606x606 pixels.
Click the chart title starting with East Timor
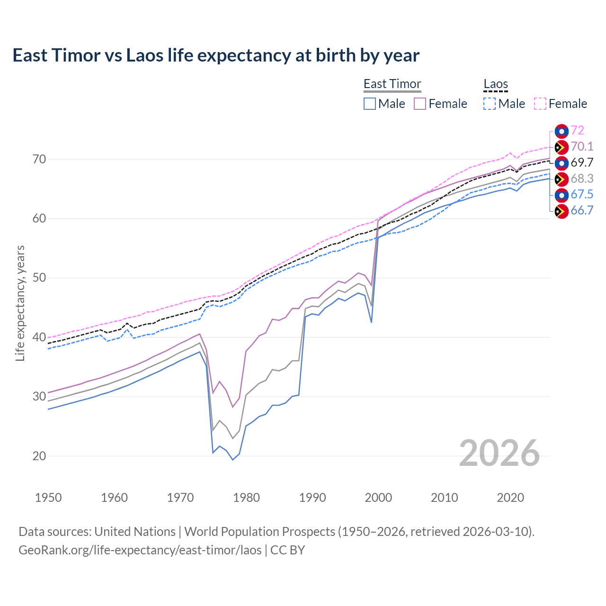click(216, 55)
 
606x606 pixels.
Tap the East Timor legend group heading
click(392, 84)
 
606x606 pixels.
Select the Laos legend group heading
click(495, 84)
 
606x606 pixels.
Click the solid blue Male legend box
click(370, 104)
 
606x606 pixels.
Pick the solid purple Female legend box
click(420, 104)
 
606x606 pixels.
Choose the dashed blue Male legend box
click(490, 104)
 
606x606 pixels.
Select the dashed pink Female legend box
click(540, 104)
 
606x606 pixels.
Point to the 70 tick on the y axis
click(39, 159)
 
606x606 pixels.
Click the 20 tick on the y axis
click(39, 456)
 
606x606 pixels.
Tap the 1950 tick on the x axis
click(48, 498)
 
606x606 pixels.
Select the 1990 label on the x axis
click(312, 498)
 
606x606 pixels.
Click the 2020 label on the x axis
click(510, 498)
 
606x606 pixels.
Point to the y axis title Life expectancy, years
click(20, 303)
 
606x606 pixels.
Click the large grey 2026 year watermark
click(499, 453)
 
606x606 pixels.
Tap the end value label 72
click(577, 131)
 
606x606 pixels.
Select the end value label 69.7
click(582, 163)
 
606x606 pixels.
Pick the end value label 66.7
click(582, 211)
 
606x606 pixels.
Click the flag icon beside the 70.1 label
click(561, 147)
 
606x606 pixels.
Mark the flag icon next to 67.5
click(561, 195)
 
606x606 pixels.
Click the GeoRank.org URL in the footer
click(140, 550)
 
